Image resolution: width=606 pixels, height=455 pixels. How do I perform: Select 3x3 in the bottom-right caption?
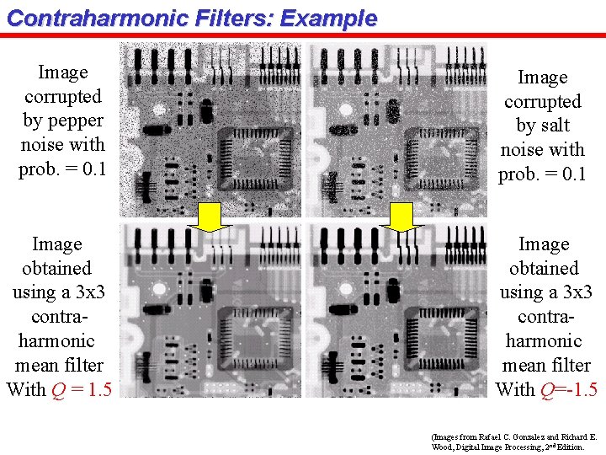pyautogui.click(x=571, y=292)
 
